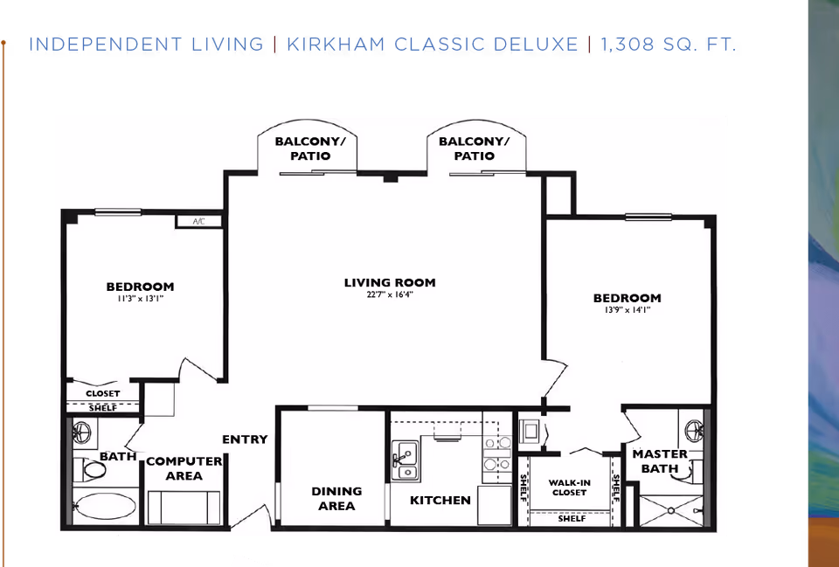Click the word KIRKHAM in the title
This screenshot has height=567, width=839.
click(336, 45)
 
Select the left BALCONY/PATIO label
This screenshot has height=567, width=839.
click(309, 149)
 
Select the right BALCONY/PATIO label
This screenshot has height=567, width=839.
click(473, 149)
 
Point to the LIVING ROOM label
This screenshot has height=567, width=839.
click(389, 282)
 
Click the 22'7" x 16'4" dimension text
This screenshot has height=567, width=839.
click(389, 295)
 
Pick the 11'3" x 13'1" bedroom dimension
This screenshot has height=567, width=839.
click(140, 300)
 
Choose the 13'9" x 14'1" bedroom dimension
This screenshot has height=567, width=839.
click(627, 310)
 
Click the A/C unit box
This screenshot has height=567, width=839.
click(198, 222)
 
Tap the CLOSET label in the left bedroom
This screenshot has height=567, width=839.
click(103, 393)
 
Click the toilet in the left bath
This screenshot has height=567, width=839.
click(92, 470)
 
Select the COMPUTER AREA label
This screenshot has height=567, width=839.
click(184, 468)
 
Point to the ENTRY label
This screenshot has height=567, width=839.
click(245, 439)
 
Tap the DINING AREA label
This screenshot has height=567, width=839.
click(336, 499)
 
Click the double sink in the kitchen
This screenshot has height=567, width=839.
click(404, 461)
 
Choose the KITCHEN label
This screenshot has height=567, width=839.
click(440, 501)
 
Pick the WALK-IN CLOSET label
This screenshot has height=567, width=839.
click(567, 487)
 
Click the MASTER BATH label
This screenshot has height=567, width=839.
click(660, 461)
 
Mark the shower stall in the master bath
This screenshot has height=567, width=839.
click(674, 510)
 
